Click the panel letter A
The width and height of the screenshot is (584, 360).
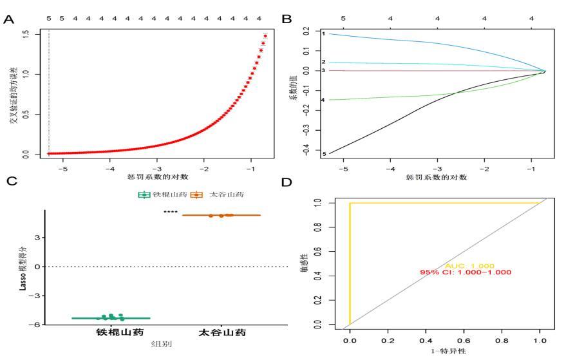[x=8, y=19]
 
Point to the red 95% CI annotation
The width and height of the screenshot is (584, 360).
[x=466, y=272]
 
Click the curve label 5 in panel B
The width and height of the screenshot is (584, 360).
[x=324, y=154]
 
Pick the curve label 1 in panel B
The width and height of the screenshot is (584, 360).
[x=324, y=33]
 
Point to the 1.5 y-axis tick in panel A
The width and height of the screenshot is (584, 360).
[x=25, y=33]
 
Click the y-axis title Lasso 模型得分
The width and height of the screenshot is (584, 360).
[x=22, y=267]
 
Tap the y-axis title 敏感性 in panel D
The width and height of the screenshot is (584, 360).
[x=303, y=264]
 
